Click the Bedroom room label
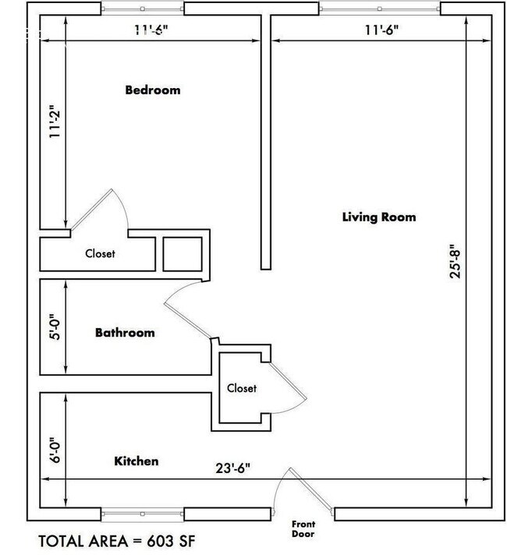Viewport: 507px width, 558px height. click(x=153, y=90)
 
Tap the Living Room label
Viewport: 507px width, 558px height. click(x=379, y=217)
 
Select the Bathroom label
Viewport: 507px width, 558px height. click(x=125, y=333)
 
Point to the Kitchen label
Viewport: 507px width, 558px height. click(x=136, y=461)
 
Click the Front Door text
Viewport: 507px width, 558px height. click(x=303, y=529)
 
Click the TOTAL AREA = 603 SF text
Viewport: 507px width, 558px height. click(x=122, y=540)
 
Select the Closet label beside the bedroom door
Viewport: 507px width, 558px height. click(x=100, y=253)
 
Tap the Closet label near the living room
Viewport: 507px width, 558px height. click(x=242, y=388)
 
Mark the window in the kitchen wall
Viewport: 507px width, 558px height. click(x=143, y=514)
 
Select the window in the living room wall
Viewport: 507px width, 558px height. click(x=380, y=9)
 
